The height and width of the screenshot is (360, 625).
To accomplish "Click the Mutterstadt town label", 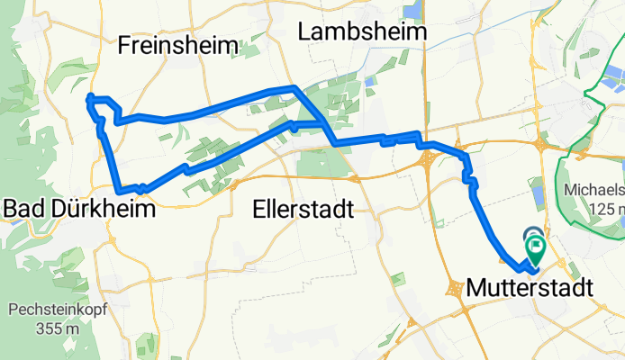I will (530, 289).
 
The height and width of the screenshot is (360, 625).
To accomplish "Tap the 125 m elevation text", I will (605, 210).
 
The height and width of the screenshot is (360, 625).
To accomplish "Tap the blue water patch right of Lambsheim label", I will (412, 12).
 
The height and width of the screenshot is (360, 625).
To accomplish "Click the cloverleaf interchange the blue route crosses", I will (427, 160).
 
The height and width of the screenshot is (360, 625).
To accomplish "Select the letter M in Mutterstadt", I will (476, 289).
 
